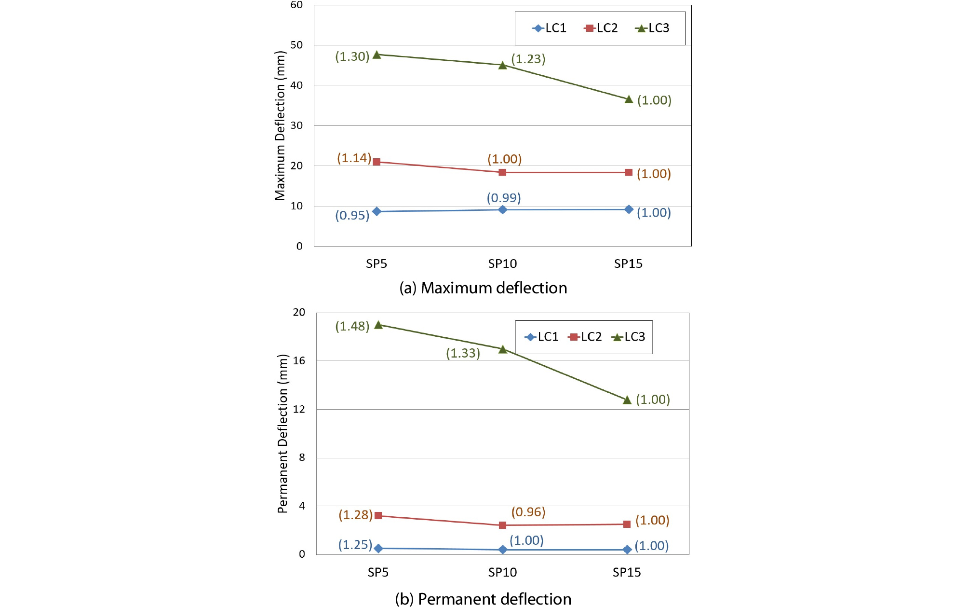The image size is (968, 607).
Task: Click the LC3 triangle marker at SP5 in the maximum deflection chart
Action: (x=377, y=55)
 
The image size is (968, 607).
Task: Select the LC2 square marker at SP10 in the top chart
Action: (x=502, y=172)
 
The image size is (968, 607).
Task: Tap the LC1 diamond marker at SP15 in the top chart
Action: (x=629, y=209)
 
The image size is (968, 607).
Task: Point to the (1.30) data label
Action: (x=352, y=56)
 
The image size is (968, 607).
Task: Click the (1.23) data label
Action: (x=528, y=59)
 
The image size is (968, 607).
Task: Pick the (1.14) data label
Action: (x=354, y=158)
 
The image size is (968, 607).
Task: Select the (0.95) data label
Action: (x=352, y=215)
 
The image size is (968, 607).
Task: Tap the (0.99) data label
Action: (x=504, y=198)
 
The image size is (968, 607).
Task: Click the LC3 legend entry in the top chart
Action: (x=653, y=28)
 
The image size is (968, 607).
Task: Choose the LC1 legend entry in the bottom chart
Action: (x=542, y=337)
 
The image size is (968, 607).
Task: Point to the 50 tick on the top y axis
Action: (x=297, y=45)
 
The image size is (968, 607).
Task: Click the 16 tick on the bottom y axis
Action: (x=299, y=360)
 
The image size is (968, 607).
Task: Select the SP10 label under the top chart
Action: (x=502, y=264)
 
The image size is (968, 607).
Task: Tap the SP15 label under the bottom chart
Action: (x=627, y=572)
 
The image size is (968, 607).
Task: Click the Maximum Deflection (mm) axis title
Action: (x=280, y=125)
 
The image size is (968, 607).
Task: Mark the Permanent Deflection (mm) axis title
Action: (x=282, y=433)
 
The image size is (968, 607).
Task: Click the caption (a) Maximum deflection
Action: (x=483, y=288)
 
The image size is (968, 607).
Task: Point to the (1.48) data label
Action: (x=352, y=326)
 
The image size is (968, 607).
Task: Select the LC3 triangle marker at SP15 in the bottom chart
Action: (x=627, y=400)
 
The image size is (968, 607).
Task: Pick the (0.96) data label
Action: (x=528, y=512)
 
